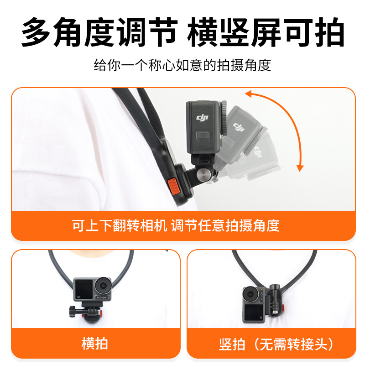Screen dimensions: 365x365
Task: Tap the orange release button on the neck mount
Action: coord(174,186)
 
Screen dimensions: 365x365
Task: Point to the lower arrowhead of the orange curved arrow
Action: coord(300,168)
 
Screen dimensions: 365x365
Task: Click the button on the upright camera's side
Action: coord(203,135)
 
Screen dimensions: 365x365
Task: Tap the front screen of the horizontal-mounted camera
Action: coord(84,289)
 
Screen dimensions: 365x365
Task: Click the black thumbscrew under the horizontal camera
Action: coord(73,311)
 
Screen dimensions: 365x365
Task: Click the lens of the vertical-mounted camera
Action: coord(250,294)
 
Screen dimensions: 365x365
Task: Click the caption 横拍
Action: coord(94,344)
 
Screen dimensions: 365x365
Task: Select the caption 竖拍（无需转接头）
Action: coord(276,344)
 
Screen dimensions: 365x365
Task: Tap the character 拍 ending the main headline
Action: coord(329,32)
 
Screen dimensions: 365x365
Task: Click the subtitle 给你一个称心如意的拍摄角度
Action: coord(182,65)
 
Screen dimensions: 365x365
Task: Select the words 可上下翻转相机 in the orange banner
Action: coord(120,225)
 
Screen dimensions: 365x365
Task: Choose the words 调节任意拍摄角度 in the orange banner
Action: coord(225,225)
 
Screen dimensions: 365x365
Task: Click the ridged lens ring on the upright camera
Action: coord(224,118)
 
